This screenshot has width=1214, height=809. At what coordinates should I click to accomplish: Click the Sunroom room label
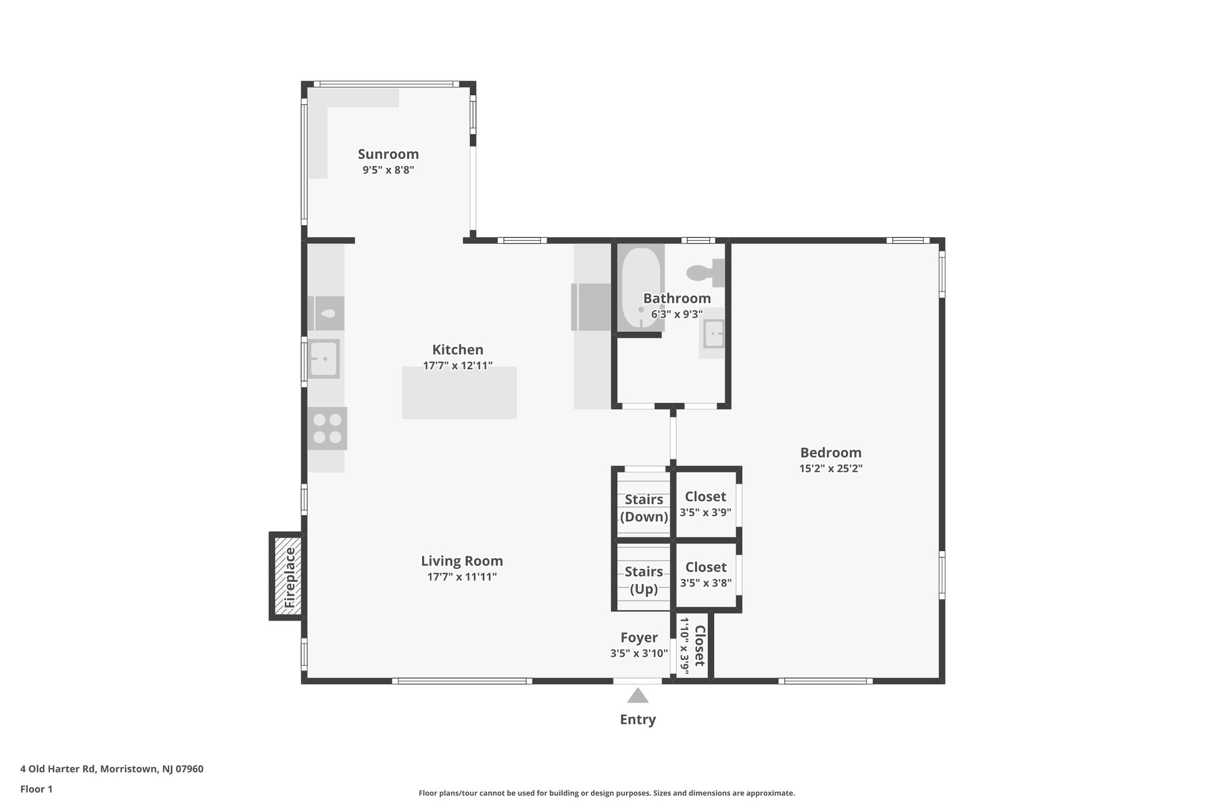(x=388, y=154)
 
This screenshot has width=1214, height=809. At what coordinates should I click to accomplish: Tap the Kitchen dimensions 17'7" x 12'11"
(x=458, y=366)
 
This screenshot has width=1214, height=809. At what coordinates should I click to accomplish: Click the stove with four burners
(x=327, y=429)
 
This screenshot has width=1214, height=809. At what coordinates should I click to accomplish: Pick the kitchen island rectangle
(x=459, y=392)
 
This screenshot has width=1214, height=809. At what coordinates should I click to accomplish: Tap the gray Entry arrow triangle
(x=637, y=696)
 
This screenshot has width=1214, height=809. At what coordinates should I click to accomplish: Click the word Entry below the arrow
(x=637, y=720)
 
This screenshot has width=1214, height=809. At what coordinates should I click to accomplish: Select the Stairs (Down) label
(x=644, y=508)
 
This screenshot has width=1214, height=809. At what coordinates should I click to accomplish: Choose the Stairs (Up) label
(x=644, y=580)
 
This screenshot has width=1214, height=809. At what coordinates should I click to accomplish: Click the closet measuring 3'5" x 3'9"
(x=705, y=504)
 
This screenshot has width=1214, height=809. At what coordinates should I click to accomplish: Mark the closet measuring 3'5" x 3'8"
(x=705, y=574)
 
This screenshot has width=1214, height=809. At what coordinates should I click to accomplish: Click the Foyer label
(x=639, y=638)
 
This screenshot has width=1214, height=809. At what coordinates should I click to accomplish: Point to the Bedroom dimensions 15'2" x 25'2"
(x=830, y=468)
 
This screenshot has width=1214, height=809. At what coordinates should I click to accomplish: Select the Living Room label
(x=462, y=561)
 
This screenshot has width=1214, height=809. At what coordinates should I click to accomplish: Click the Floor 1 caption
(x=37, y=789)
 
